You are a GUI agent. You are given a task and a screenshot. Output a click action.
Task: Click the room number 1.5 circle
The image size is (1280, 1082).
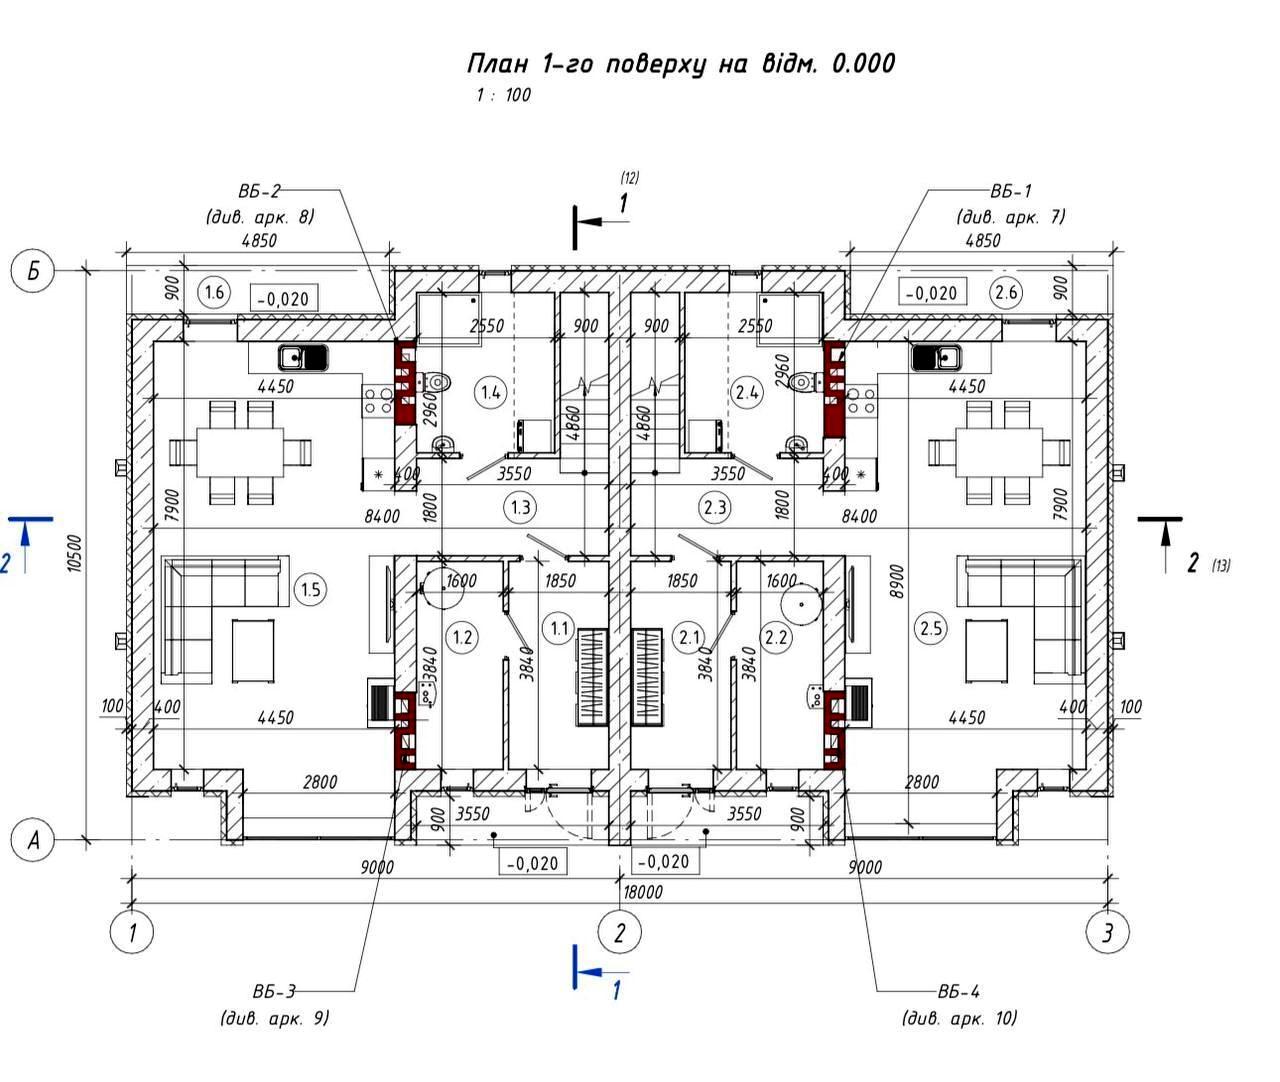pyautogui.click(x=311, y=589)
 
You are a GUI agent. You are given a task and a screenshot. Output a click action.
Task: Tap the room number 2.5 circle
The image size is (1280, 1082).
pyautogui.click(x=931, y=628)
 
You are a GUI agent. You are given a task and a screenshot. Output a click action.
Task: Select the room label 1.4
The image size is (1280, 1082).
pyautogui.click(x=491, y=392)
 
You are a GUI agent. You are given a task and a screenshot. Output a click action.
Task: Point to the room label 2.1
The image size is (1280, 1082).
pyautogui.click(x=689, y=635)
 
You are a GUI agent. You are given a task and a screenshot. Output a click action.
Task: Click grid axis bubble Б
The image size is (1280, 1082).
pyautogui.click(x=34, y=272)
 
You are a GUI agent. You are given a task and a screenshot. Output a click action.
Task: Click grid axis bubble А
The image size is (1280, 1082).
pyautogui.click(x=34, y=840)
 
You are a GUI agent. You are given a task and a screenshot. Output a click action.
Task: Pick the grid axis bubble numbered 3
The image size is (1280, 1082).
pyautogui.click(x=1108, y=933)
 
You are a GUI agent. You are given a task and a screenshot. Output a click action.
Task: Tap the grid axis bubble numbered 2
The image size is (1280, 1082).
pyautogui.click(x=620, y=933)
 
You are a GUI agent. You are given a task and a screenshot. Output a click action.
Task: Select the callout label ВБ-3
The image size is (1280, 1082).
pyautogui.click(x=274, y=992)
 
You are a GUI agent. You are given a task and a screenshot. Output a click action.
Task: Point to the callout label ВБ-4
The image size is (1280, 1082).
pyautogui.click(x=958, y=992)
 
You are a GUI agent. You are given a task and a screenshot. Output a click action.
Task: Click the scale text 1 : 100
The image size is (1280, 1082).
pyautogui.click(x=503, y=96)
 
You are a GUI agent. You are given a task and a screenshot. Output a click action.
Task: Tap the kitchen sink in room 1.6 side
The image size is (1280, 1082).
pyautogui.click(x=303, y=356)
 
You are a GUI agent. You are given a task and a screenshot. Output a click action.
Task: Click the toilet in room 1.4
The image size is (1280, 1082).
pyautogui.click(x=436, y=381)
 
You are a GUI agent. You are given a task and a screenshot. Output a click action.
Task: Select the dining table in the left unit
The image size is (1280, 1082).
pyautogui.click(x=240, y=453)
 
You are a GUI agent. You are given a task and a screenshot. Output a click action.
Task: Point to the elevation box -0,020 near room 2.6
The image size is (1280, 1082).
pyautogui.click(x=932, y=293)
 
